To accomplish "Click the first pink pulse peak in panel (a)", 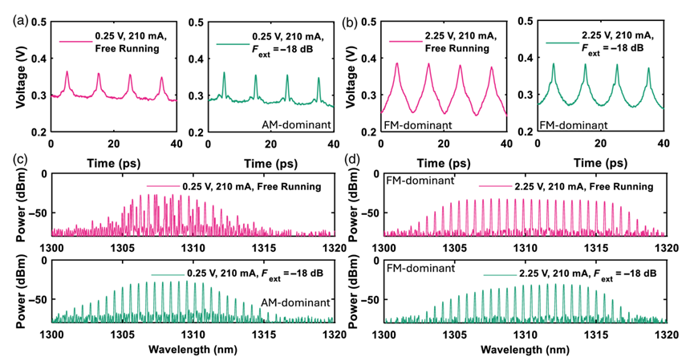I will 67,73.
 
